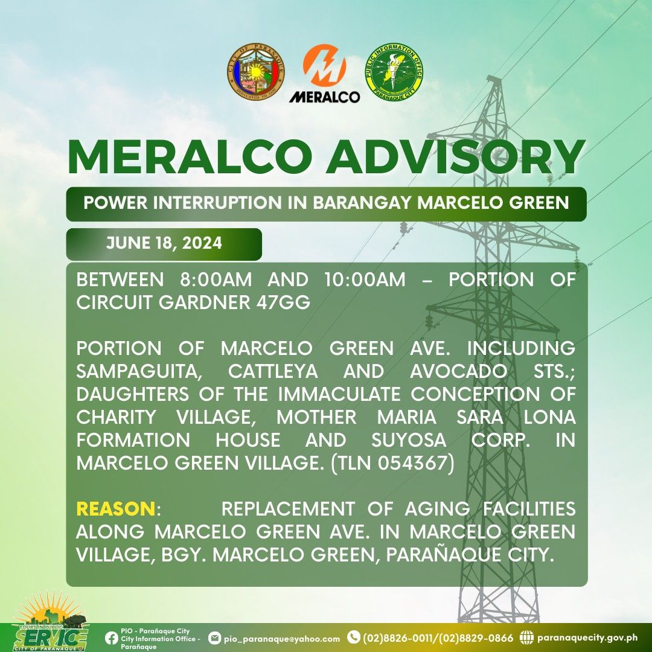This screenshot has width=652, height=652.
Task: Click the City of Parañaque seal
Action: (256, 71)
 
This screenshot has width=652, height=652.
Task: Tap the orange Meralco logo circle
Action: (324, 65)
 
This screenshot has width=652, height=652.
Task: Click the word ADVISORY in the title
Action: (455, 157)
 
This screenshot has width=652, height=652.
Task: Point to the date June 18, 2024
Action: (164, 243)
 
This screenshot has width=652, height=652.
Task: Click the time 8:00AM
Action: (216, 280)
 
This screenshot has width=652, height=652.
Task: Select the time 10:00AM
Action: (365, 280)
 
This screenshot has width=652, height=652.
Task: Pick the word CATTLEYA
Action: (273, 371)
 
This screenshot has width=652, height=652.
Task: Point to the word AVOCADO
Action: (459, 371)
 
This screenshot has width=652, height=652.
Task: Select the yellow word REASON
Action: (115, 509)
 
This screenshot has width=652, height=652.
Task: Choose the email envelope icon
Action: (214, 638)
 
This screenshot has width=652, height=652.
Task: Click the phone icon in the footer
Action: (353, 637)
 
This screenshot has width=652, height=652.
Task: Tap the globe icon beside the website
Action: (526, 638)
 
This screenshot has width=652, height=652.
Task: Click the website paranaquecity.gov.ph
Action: (587, 638)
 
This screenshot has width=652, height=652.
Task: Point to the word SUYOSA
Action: (409, 440)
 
